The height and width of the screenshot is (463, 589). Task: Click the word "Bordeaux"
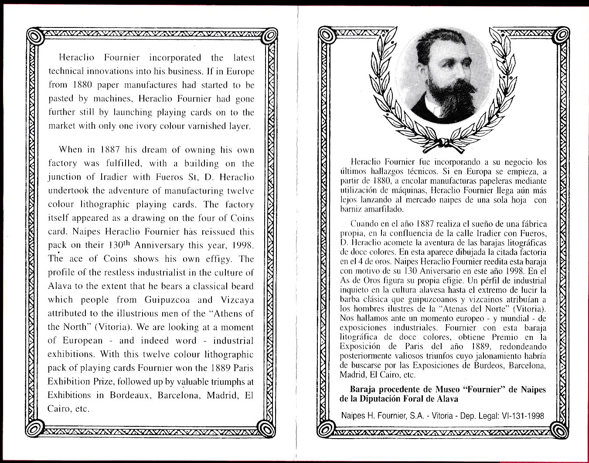[x=131, y=395]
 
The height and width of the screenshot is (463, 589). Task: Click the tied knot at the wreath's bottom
[x=444, y=143]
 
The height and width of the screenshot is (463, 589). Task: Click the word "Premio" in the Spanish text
[x=505, y=337]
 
